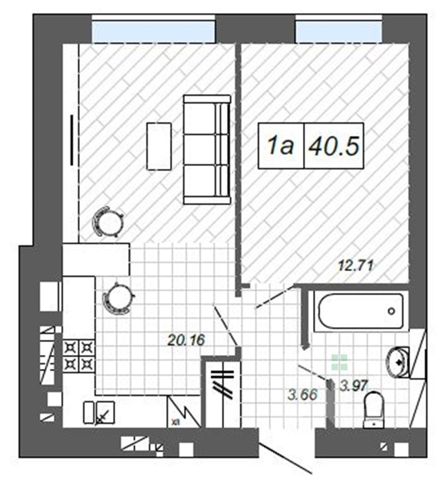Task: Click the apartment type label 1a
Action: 281,146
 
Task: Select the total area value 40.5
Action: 334,146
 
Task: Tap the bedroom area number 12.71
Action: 356,265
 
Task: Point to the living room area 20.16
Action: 186,340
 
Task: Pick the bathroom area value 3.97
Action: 353,385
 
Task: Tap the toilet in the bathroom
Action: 374,410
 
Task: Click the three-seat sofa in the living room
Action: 207,150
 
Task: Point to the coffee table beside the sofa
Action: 159,146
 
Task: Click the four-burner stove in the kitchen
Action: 79,356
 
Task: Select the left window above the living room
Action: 153,32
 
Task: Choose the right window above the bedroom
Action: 339,32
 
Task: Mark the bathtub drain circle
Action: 391,312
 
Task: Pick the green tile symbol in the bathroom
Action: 340,362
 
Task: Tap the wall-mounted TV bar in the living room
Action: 72,139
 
